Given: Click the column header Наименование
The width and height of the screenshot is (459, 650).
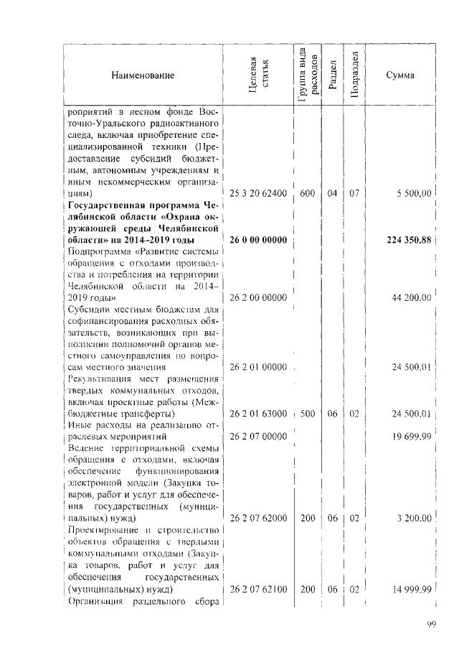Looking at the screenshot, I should (142, 75).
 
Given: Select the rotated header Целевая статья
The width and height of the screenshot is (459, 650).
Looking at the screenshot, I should (258, 75).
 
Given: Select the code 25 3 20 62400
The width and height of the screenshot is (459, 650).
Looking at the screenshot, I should (258, 193).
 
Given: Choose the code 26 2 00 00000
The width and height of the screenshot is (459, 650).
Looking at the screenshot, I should (258, 297).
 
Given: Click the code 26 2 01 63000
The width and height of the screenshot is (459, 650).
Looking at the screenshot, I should (258, 414).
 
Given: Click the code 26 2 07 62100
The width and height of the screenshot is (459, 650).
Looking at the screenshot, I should (258, 590).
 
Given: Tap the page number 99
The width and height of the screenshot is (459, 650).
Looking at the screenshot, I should (430, 625).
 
